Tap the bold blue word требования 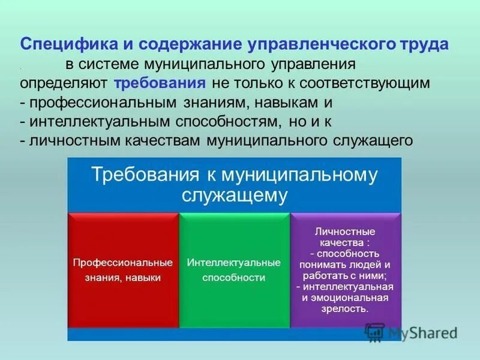point(160,83)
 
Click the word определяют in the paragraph point(64,83)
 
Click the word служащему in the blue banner point(235,195)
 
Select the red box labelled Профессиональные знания point(123,270)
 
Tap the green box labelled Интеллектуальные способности point(234,270)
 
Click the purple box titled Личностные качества point(346,270)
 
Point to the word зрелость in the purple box point(346,308)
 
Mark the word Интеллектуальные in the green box point(234,263)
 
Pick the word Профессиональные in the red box point(123,263)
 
